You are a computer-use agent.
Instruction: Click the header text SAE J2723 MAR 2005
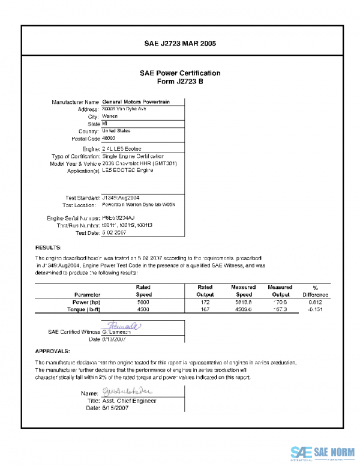[180, 44]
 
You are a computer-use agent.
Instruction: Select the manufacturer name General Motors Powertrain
[136, 102]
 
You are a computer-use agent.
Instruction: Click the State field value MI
[105, 124]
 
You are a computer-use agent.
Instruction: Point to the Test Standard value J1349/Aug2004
[121, 197]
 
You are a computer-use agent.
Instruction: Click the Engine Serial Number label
[73, 219]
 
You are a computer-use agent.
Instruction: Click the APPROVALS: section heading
[53, 351]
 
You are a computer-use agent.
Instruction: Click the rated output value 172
[205, 302]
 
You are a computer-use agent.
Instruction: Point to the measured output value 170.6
[280, 302]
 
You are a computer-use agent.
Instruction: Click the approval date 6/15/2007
[115, 408]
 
